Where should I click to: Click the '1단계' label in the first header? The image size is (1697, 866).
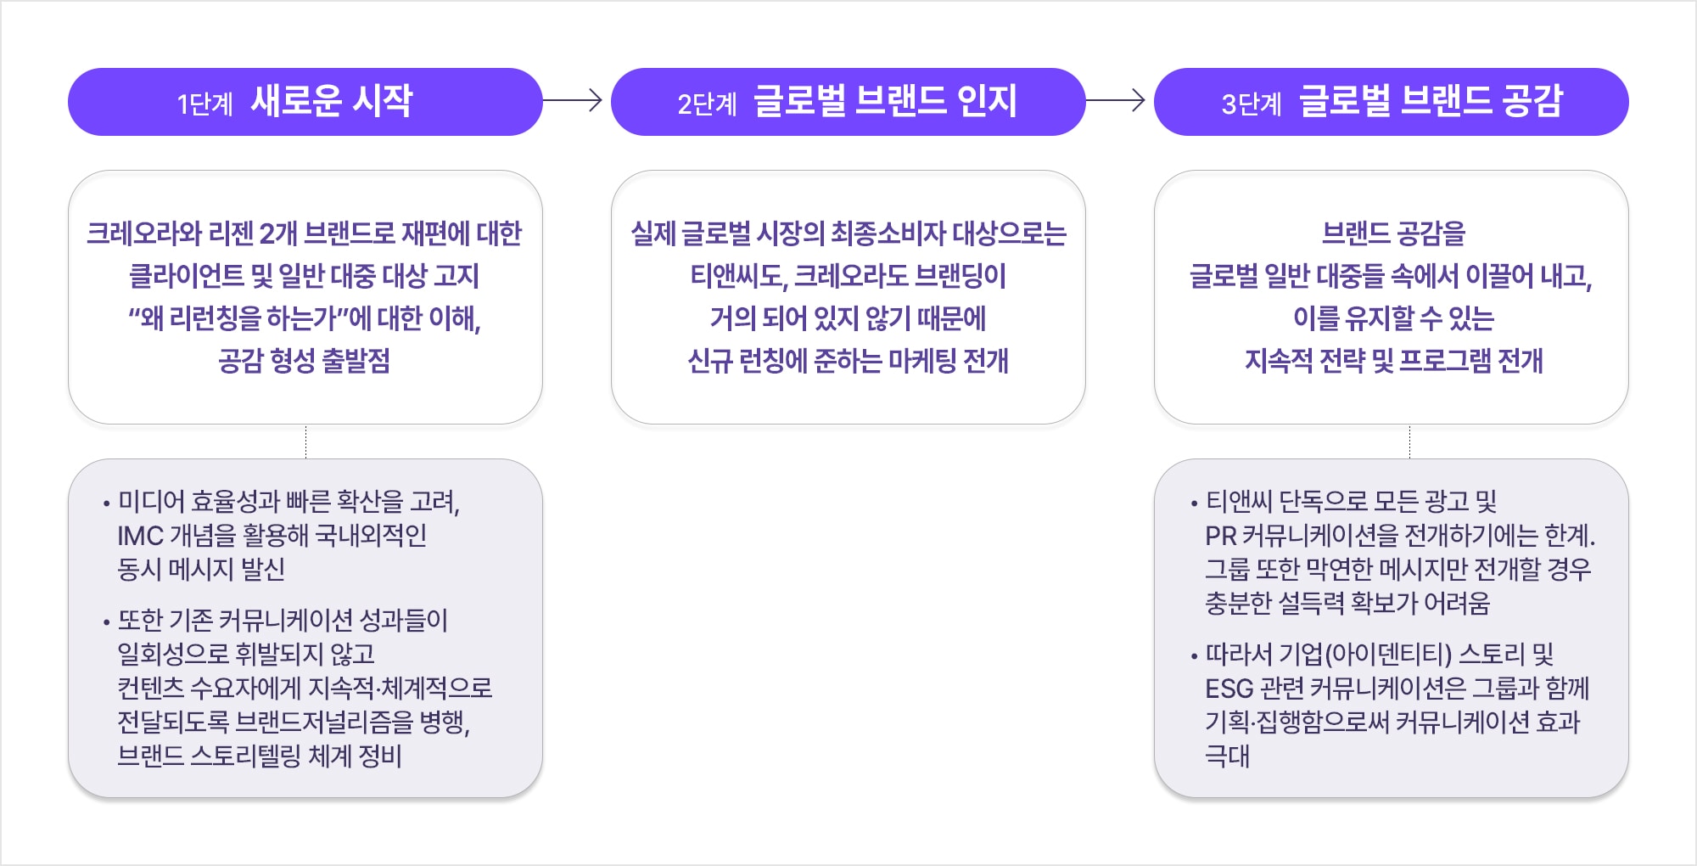click(204, 104)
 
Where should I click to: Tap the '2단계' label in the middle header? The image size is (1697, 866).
click(707, 104)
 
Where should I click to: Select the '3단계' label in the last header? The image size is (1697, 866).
click(1251, 104)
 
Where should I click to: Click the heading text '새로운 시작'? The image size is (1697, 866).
click(332, 101)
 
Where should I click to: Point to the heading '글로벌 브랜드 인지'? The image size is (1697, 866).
click(885, 101)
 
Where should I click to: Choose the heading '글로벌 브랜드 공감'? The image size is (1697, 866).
click(1431, 101)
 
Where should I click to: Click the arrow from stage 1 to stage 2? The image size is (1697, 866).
click(573, 101)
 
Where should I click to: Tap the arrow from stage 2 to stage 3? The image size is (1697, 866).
click(1116, 101)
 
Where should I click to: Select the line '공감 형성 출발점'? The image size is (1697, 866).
click(305, 361)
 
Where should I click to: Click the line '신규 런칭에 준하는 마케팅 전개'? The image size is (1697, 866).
click(848, 361)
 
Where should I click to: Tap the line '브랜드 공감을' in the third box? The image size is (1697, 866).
click(1393, 233)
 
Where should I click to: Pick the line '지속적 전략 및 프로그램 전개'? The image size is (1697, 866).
click(1393, 361)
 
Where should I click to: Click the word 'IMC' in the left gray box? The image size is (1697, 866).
click(140, 536)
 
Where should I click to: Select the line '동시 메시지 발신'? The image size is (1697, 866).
click(201, 570)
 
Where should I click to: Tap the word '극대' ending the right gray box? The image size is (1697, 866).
click(1227, 756)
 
